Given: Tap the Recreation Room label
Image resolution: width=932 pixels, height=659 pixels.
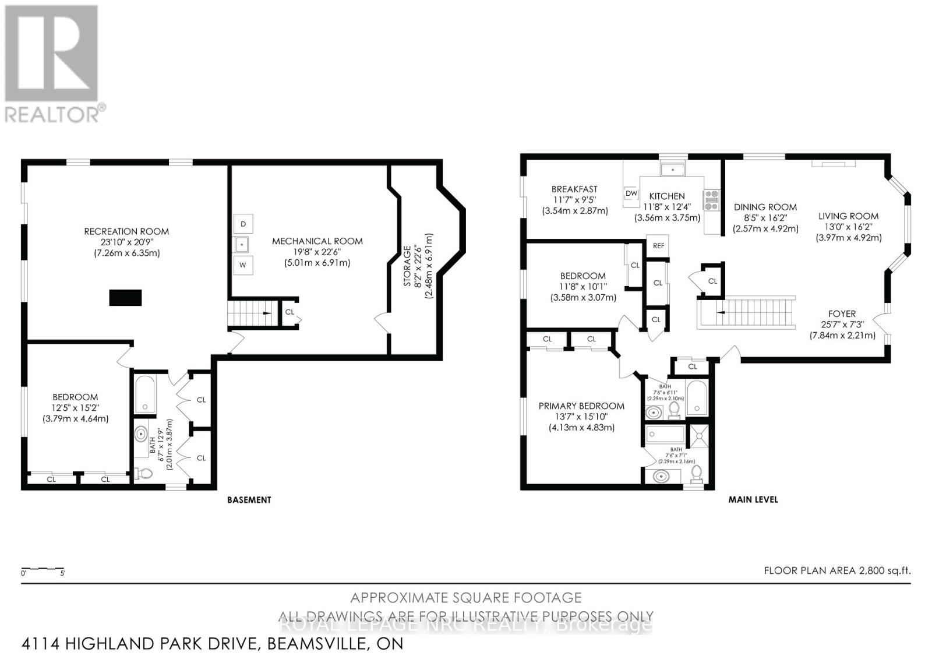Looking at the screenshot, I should pos(126,231).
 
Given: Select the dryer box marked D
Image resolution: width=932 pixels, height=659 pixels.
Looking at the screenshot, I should pos(243,224).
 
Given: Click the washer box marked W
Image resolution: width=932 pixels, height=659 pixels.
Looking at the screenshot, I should pos(243,265).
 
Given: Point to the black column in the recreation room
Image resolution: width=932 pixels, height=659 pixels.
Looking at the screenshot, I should pos(126,298).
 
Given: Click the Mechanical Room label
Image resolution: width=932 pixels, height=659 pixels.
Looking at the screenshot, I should pos(317,241).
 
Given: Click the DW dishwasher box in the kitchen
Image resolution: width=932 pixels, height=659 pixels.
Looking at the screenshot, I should pos(631,193).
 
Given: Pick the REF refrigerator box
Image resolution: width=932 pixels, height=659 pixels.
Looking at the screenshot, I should pos(658,246).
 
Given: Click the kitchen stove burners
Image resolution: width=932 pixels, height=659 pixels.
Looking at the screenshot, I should pos(712,200).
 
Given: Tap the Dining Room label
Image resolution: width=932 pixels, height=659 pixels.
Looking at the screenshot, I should pos(765,207).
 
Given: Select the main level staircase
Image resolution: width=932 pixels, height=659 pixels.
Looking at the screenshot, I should pos(751,312).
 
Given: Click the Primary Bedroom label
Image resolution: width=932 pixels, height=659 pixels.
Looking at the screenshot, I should pos(581,406).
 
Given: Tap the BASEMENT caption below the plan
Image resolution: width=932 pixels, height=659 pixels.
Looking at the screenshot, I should pos(249,499).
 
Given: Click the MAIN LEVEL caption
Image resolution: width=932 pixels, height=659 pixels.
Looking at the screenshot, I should pos(753,499).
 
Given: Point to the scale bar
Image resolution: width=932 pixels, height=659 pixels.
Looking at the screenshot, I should pos(43,569).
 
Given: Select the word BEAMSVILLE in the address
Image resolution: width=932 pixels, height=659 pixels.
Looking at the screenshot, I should pos(313,644).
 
